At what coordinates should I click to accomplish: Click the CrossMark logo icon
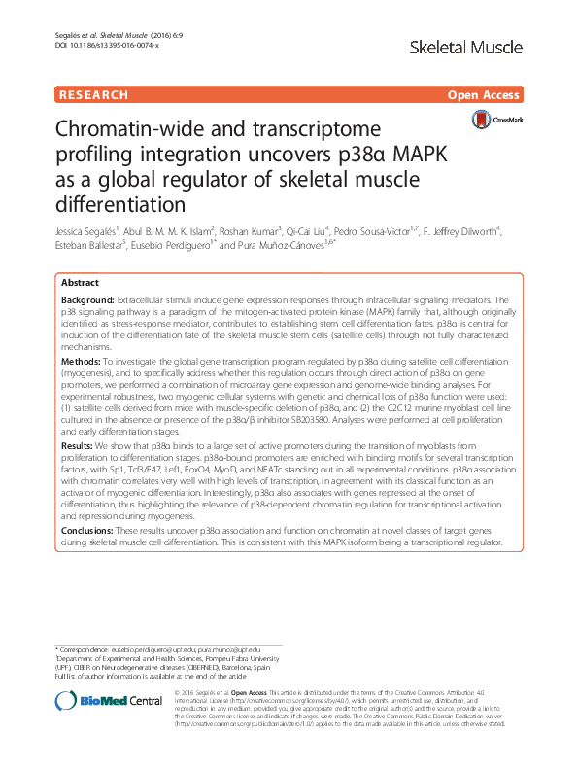[482, 121]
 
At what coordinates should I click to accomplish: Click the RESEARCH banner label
[93, 95]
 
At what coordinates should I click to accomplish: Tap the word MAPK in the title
[425, 156]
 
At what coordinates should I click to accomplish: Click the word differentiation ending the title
[119, 204]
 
